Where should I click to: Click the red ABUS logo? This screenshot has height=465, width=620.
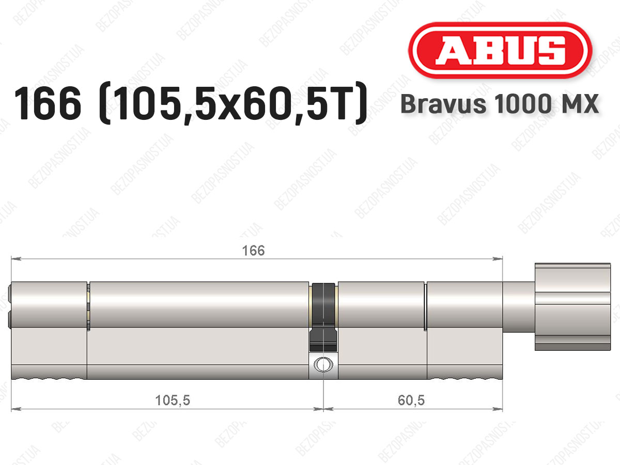click(500, 51)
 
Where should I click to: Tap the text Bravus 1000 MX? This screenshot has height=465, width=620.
click(500, 104)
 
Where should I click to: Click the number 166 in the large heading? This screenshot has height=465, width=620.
click(48, 104)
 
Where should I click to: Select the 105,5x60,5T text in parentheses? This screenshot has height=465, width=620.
click(234, 104)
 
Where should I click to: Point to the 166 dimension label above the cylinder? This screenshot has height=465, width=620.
click(253, 251)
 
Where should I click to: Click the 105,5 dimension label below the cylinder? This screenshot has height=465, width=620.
click(173, 400)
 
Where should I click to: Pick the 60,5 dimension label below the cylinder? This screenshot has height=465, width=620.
click(411, 400)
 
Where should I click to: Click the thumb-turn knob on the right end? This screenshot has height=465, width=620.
click(573, 307)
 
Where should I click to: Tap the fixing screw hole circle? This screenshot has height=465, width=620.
click(323, 364)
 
